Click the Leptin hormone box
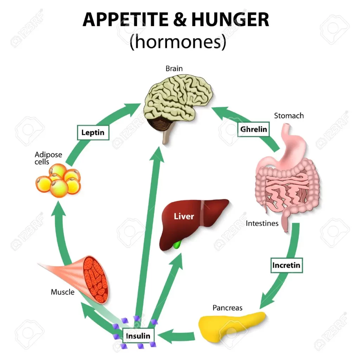pos(93,133)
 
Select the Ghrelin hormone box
pos(253,129)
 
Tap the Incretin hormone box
pos(287,265)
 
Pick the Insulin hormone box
pos(138,336)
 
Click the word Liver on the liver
pos(184,216)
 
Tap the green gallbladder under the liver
pos(177,245)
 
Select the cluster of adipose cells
pos(58,180)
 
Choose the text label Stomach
pos(289,115)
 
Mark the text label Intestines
pos(262,223)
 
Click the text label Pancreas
pos(227,308)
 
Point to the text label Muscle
pos(63,292)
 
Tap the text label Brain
pos(174,69)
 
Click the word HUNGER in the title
pos(230,20)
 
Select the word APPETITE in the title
pos(126,20)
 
